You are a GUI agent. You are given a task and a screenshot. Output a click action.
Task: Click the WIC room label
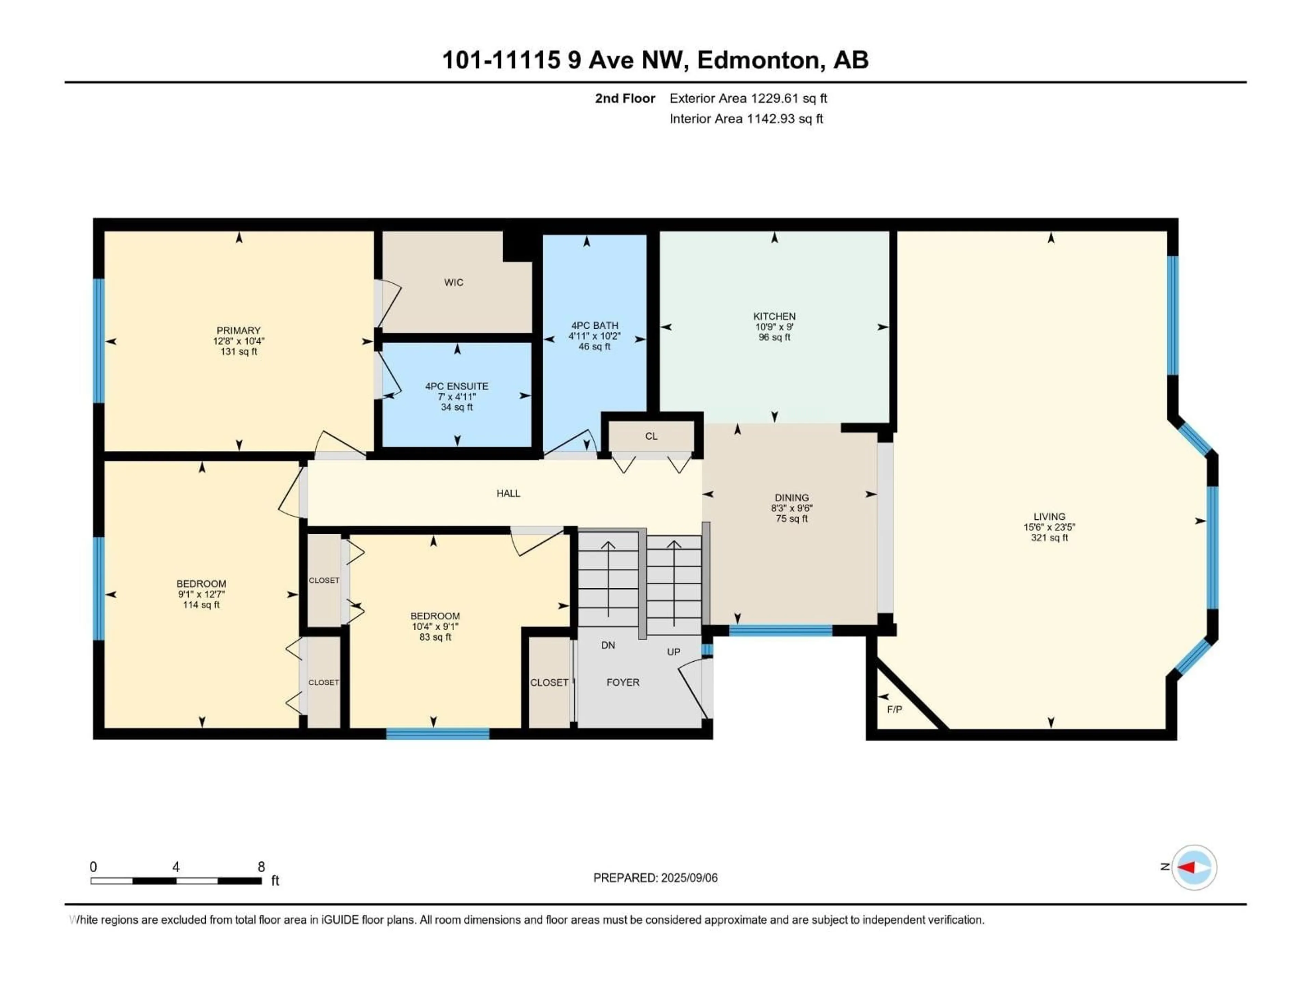coord(454,282)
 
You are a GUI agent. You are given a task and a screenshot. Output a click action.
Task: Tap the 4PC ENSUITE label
coord(457,386)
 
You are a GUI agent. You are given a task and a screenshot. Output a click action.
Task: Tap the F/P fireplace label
coord(894,709)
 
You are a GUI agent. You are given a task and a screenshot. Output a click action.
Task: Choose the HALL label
coord(508,493)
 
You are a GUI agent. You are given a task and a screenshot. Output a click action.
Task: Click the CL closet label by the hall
coord(651,436)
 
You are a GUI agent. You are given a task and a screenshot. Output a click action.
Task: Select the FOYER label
coord(623,682)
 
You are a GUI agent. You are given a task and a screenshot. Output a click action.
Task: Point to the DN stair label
coord(608,645)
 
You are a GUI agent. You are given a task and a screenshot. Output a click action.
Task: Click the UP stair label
coord(673,652)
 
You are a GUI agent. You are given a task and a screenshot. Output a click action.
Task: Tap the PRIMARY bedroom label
coord(238,330)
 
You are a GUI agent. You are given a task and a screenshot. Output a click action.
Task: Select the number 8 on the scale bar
coord(261,866)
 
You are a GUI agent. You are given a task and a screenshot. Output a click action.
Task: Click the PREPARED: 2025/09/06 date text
coord(655,878)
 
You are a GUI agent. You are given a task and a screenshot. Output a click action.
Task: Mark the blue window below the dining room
coord(781,630)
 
